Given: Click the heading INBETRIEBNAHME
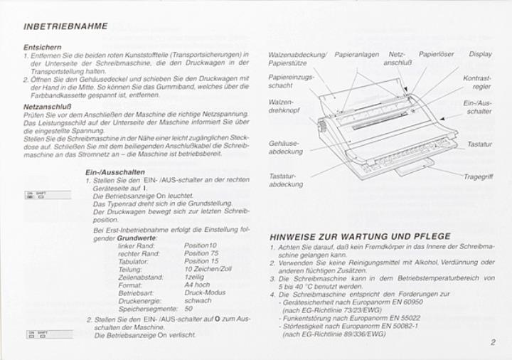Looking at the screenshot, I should (x=65, y=26).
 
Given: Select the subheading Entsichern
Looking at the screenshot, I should (x=42, y=47).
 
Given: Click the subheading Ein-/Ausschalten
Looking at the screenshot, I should (x=115, y=172).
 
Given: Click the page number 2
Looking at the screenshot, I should (x=492, y=342).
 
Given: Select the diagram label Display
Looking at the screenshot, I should (x=480, y=54).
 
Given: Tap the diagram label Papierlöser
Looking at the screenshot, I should (x=436, y=54).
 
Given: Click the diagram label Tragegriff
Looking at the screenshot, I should (x=478, y=176).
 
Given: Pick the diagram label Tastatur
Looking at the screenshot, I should (x=479, y=144).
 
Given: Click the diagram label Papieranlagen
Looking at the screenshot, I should (x=356, y=54).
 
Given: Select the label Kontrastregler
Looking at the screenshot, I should (x=477, y=82).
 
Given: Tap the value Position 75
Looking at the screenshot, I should (x=201, y=253).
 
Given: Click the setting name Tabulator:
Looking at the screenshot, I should (x=134, y=261).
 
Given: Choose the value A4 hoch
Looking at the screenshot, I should (x=197, y=285).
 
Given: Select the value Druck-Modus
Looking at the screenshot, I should (x=205, y=292).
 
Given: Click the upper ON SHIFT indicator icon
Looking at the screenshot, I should (x=48, y=195).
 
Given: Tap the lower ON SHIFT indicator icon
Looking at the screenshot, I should (x=48, y=334).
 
